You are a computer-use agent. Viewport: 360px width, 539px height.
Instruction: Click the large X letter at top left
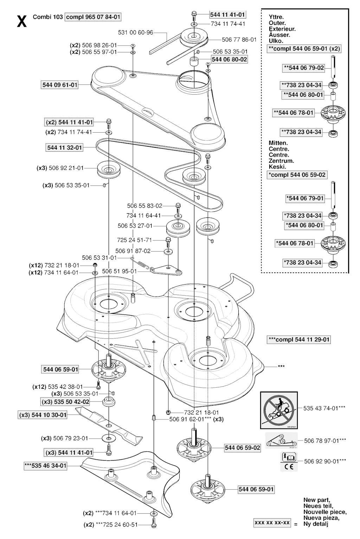click(22, 21)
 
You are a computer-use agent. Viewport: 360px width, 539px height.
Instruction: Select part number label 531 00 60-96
click(135, 32)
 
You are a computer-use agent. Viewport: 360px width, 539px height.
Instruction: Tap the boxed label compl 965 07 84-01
click(93, 17)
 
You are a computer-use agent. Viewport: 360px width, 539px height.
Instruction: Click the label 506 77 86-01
click(239, 39)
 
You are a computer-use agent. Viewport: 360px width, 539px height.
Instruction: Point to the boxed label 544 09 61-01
click(60, 85)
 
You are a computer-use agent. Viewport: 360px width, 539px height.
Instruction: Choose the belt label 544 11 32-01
click(64, 147)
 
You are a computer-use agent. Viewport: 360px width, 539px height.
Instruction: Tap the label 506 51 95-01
click(119, 271)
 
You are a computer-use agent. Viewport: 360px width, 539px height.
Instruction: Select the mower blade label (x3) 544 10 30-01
click(43, 415)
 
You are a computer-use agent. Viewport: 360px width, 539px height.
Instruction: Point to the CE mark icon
click(289, 467)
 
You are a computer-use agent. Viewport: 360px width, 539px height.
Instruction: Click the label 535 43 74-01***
click(324, 408)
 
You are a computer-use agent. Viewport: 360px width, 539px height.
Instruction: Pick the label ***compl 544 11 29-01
click(299, 340)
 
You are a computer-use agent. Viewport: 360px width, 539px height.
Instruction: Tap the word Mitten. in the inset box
click(278, 143)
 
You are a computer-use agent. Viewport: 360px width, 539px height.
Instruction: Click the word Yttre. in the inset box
click(276, 17)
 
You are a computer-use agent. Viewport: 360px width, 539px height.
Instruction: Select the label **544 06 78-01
click(294, 113)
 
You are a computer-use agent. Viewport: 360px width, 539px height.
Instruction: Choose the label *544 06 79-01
click(305, 198)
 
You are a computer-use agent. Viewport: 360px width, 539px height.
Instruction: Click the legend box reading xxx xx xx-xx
click(272, 522)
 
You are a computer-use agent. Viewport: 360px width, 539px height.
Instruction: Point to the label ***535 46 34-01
click(45, 465)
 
